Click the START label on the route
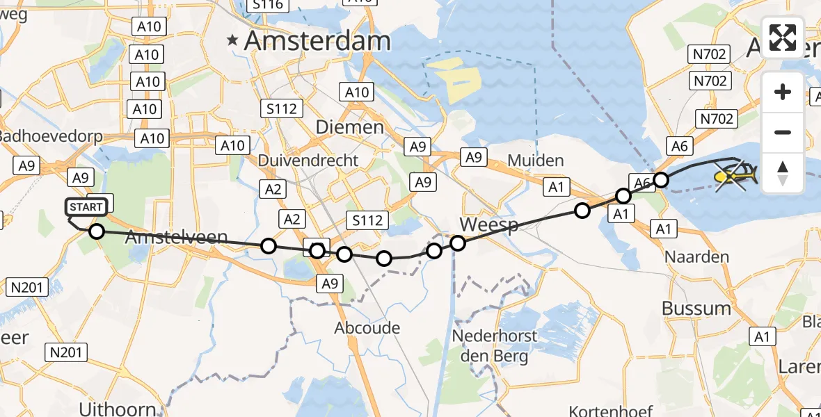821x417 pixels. pos(87,207)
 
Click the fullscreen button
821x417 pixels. pos(783,38)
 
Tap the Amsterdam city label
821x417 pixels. pos(317,41)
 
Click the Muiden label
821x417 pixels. pos(536,161)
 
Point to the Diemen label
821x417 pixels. pos(349,127)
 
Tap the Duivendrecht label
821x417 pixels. pos(308,161)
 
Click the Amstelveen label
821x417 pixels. pos(177,237)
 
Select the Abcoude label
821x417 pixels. pos(367,328)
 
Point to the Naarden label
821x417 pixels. pos(696,257)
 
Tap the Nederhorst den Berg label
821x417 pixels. pos(495,347)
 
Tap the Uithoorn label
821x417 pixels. pos(118,408)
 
